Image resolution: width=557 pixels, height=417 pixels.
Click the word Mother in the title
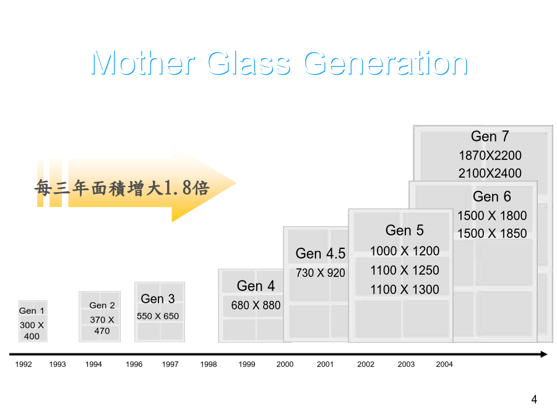point(143,63)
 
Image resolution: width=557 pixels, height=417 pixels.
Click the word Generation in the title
point(386,63)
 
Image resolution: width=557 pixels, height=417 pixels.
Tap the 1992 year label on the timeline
point(24,364)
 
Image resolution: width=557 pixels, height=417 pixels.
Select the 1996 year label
point(134,364)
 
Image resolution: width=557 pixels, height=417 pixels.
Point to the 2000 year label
point(285,364)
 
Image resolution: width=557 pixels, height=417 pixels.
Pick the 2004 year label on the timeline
point(444,364)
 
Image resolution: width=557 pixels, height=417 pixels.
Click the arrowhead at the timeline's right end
point(544,354)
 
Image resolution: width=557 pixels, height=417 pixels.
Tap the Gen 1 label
point(32,311)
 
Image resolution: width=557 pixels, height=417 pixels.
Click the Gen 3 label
point(158,299)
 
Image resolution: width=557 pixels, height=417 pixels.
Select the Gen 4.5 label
point(321,253)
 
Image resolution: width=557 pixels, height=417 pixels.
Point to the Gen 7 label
point(490,136)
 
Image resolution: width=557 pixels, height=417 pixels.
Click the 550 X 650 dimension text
point(158,316)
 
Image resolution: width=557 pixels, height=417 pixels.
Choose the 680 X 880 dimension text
point(256,305)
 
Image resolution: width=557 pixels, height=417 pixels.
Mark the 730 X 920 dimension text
point(321,272)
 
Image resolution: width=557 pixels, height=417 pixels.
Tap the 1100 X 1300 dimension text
point(405,290)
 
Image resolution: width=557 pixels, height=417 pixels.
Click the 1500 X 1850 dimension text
point(492,234)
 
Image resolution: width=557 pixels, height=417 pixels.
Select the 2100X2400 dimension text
point(490,174)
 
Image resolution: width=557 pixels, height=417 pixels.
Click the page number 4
point(534,400)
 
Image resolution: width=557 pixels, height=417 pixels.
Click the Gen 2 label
point(102,305)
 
